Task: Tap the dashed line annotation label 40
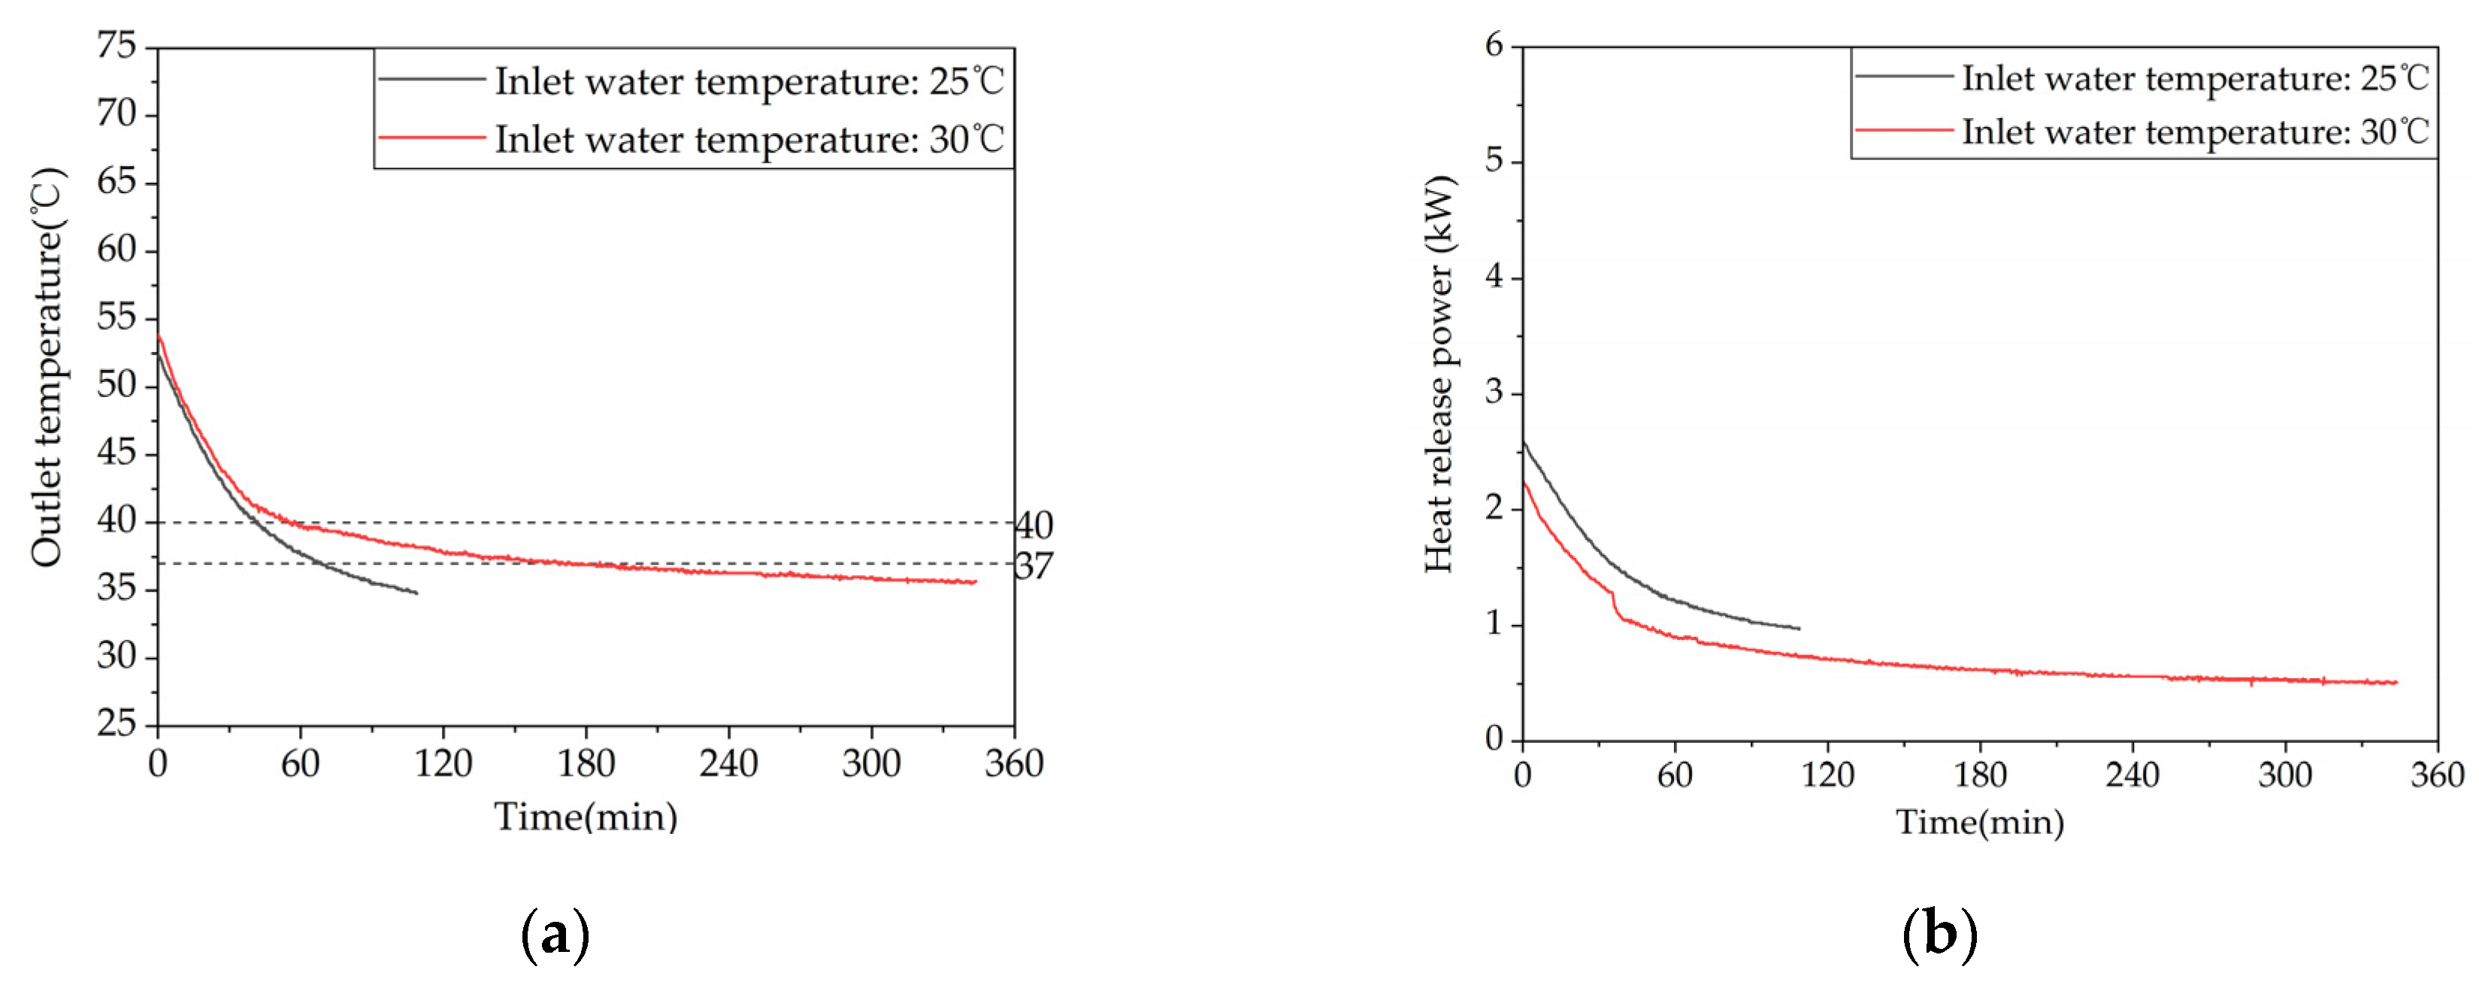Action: (1034, 526)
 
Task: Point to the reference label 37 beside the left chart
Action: (1034, 566)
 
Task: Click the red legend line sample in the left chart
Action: (432, 137)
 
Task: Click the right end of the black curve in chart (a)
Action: (416, 593)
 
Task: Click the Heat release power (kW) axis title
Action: (1439, 374)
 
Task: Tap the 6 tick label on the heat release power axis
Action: (1494, 45)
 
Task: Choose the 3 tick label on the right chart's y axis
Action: (1494, 394)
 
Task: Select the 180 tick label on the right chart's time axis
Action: (1980, 775)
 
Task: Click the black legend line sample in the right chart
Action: (1903, 75)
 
